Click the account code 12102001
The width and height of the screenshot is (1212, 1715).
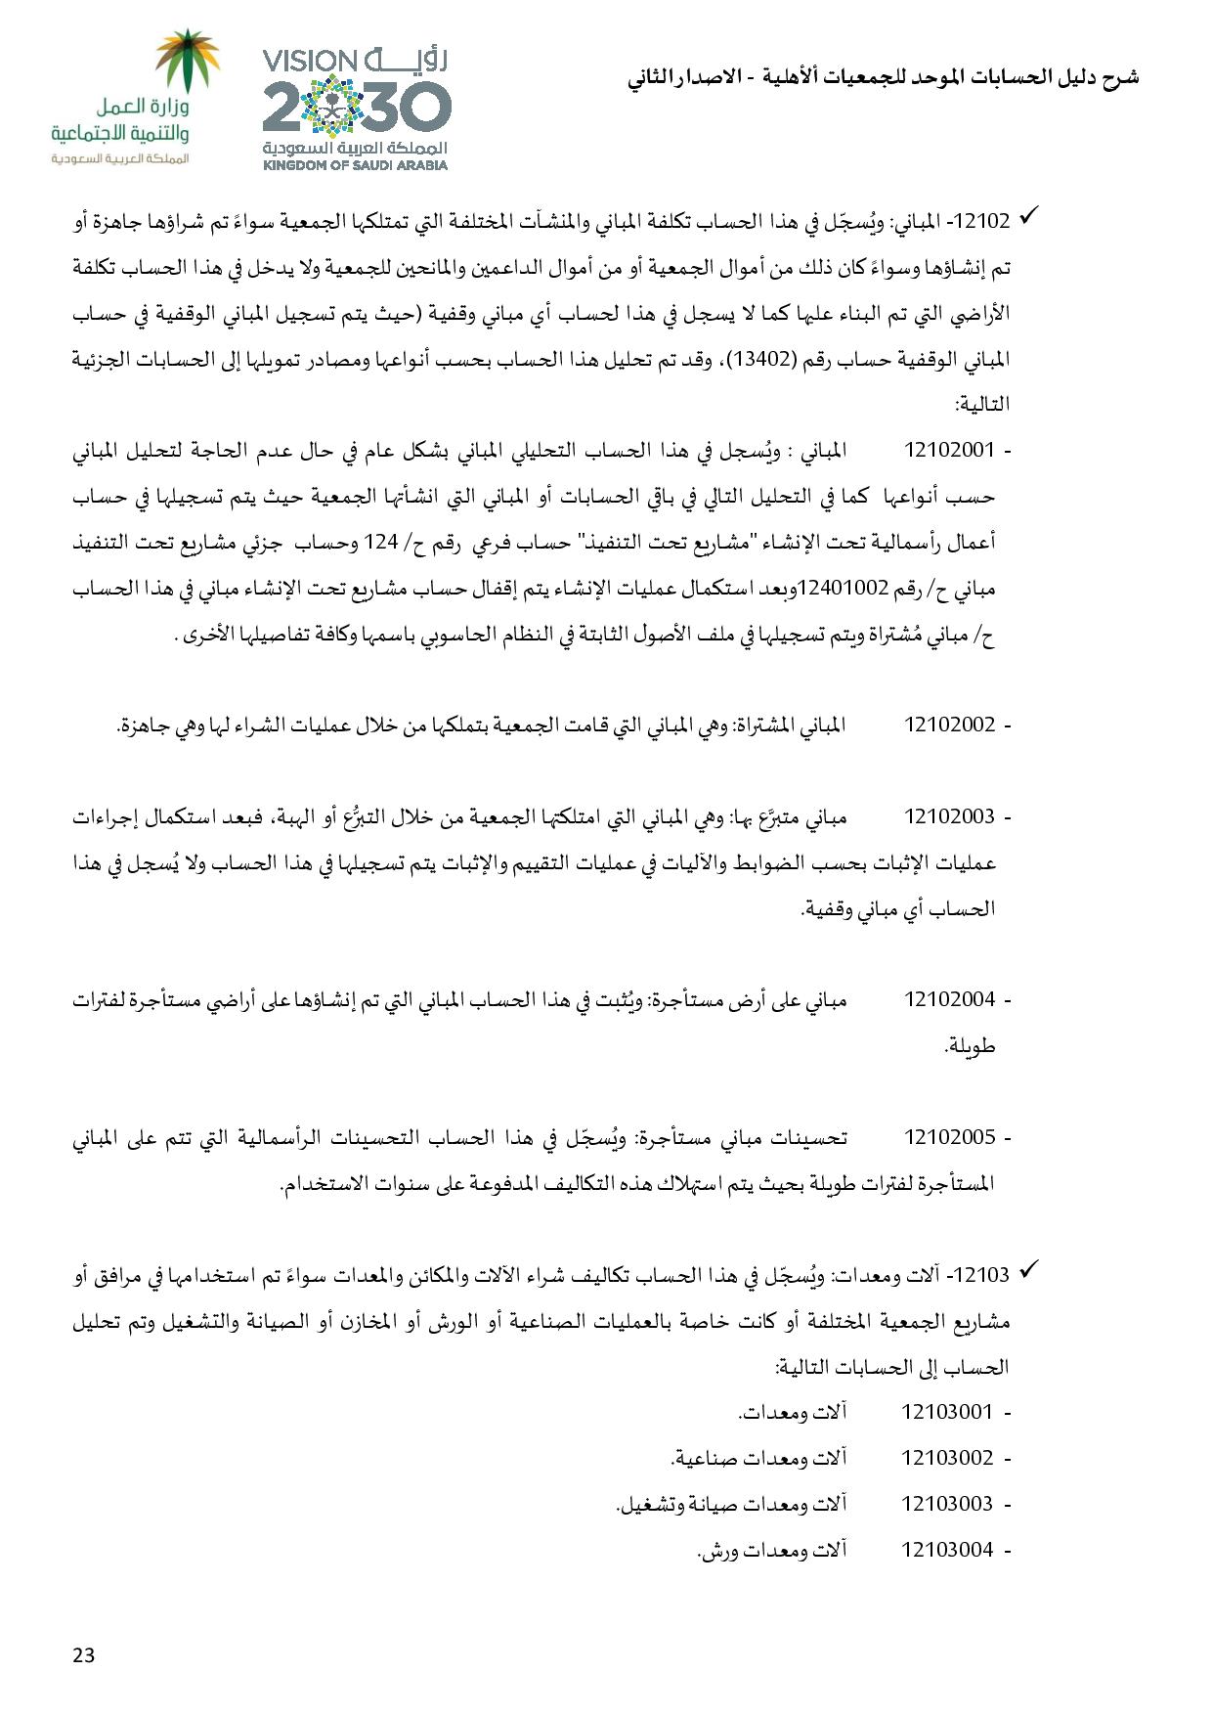(x=949, y=451)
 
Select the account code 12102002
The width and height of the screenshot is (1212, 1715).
(x=949, y=726)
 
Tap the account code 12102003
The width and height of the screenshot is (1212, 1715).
(x=949, y=816)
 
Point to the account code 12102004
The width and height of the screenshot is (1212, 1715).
(x=949, y=999)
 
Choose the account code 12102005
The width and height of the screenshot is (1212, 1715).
(x=949, y=1138)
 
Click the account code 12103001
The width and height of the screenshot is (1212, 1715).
(x=946, y=1412)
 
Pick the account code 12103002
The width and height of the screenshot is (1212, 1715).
(x=946, y=1458)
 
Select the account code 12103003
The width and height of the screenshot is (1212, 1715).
(x=946, y=1504)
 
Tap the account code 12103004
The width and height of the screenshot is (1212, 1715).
(x=946, y=1550)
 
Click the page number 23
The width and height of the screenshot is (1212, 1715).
(x=83, y=1655)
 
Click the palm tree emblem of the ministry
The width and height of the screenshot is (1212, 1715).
(x=191, y=61)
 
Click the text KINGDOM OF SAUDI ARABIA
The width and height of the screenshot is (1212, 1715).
(x=355, y=165)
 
